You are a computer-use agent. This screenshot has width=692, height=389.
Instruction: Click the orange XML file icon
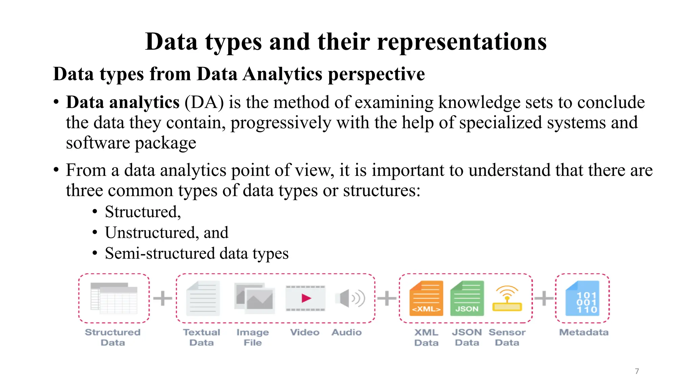coord(426,298)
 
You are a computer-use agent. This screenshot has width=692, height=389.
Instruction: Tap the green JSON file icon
coord(467,298)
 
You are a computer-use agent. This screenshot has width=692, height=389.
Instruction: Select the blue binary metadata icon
coord(583,298)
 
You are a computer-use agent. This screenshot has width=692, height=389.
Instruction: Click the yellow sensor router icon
coord(507,299)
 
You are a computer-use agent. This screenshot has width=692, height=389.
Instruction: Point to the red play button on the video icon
coord(306,298)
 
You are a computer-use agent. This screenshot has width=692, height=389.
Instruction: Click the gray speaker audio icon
coord(350,298)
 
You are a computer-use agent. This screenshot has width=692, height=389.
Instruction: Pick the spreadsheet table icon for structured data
coord(114,298)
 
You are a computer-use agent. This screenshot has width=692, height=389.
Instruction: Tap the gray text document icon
coord(203,298)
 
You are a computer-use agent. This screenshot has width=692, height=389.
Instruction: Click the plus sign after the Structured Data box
coord(163,298)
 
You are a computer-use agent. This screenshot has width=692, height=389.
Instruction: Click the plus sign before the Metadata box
coord(544,298)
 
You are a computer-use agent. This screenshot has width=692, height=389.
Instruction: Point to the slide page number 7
coord(637,371)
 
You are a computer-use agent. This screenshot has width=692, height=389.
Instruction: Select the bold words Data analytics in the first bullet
coord(123,102)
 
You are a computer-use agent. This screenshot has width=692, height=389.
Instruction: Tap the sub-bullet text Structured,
coord(143,212)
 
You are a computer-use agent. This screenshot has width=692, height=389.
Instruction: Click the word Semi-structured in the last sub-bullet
coord(159,253)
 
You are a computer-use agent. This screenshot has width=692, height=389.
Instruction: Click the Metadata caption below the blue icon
coord(584,332)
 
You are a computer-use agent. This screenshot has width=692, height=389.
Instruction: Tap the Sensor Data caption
coord(507,337)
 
